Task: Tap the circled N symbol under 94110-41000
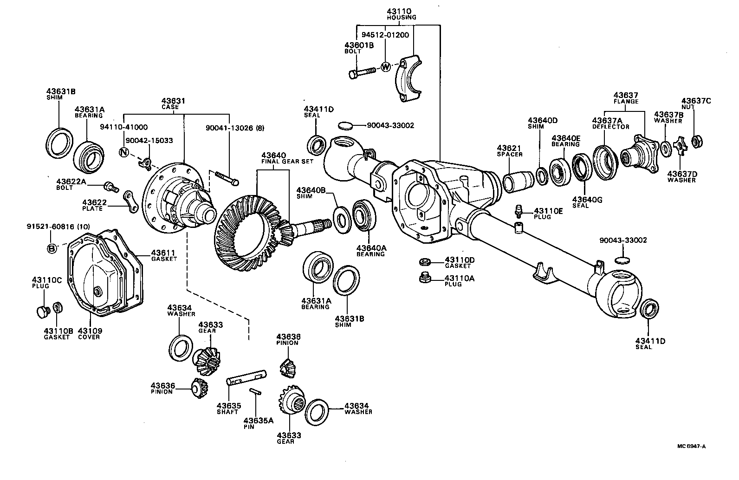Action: pyautogui.click(x=124, y=152)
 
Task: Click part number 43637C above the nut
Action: pyautogui.click(x=696, y=101)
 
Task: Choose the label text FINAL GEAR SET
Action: pyautogui.click(x=287, y=162)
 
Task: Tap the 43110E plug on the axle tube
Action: pyautogui.click(x=519, y=212)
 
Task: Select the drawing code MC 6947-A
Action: pyautogui.click(x=691, y=447)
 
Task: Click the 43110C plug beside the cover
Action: pyautogui.click(x=42, y=311)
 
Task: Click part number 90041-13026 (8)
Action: pyautogui.click(x=235, y=128)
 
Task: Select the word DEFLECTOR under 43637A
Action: pyautogui.click(x=610, y=126)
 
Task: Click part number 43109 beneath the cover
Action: pyautogui.click(x=90, y=331)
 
